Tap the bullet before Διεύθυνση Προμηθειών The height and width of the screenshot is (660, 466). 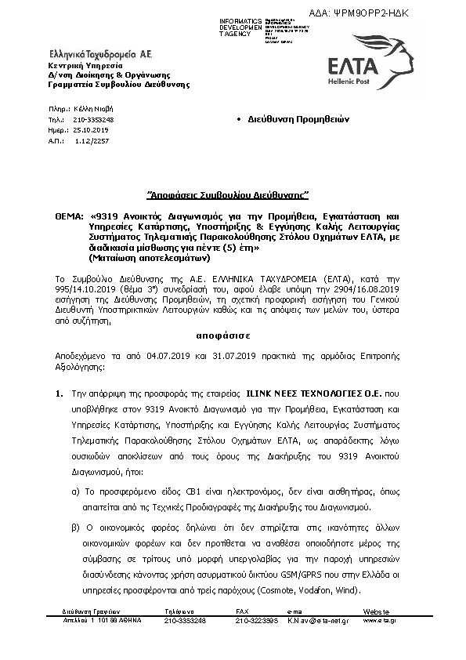pyautogui.click(x=238, y=119)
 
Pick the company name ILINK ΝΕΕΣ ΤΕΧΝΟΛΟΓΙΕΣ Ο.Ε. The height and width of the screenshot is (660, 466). pyautogui.click(x=313, y=389)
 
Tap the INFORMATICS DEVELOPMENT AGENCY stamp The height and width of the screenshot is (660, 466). pyautogui.click(x=220, y=25)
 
